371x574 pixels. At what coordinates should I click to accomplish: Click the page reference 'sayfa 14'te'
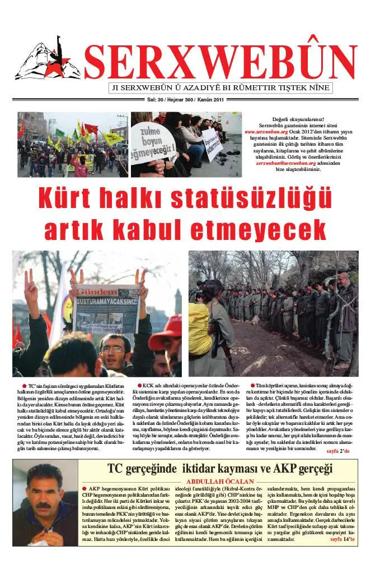coord(342,539)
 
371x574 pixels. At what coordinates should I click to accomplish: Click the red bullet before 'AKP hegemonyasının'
coord(84,489)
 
